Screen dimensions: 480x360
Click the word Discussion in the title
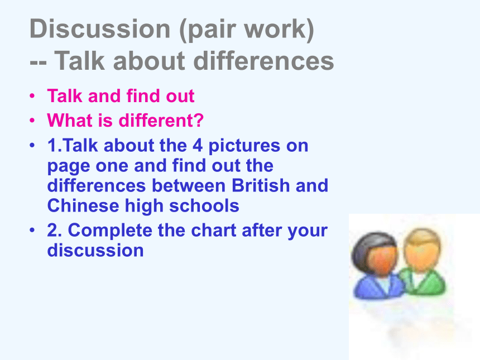click(x=100, y=29)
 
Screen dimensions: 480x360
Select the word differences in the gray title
click(x=263, y=61)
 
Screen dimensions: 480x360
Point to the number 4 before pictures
click(x=198, y=145)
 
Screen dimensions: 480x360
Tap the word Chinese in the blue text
click(x=83, y=205)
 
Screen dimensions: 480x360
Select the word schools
click(x=204, y=205)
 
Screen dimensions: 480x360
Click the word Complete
click(x=110, y=230)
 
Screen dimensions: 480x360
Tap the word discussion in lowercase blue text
click(x=95, y=251)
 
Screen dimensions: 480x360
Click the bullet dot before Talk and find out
click(x=32, y=96)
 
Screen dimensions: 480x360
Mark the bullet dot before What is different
click(x=32, y=121)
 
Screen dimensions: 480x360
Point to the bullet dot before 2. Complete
click(x=32, y=230)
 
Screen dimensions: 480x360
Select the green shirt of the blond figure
click(x=425, y=282)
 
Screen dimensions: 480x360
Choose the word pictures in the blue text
click(x=244, y=146)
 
